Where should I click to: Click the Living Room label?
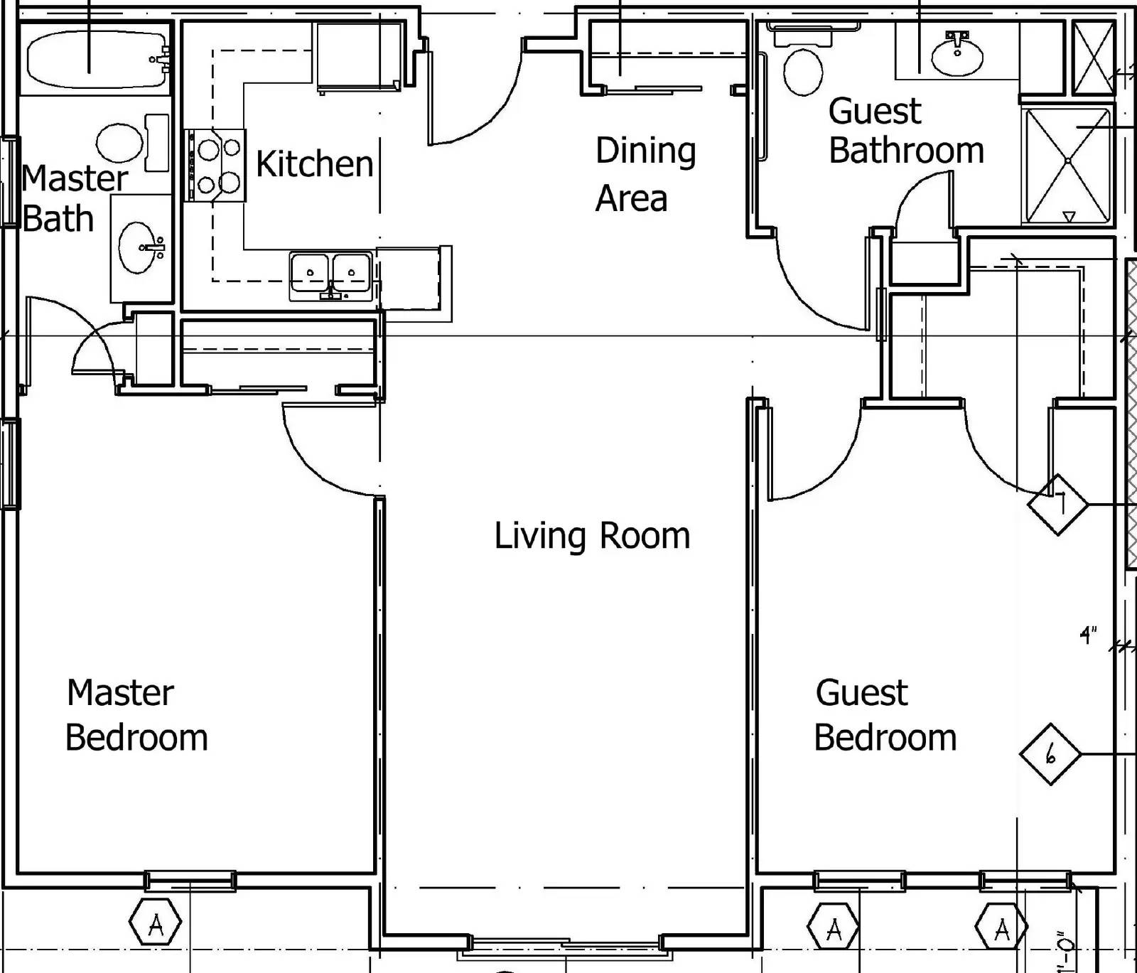(592, 535)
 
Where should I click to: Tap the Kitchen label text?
(314, 163)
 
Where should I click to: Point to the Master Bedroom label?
(136, 715)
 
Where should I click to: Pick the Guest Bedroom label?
(885, 715)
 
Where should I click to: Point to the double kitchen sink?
(331, 274)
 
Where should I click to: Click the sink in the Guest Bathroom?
(957, 54)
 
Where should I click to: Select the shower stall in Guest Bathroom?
(1067, 165)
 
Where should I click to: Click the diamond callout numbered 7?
(1058, 504)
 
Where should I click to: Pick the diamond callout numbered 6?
(1050, 754)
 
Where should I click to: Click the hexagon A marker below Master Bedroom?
(156, 924)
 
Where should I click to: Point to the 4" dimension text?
(1088, 634)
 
